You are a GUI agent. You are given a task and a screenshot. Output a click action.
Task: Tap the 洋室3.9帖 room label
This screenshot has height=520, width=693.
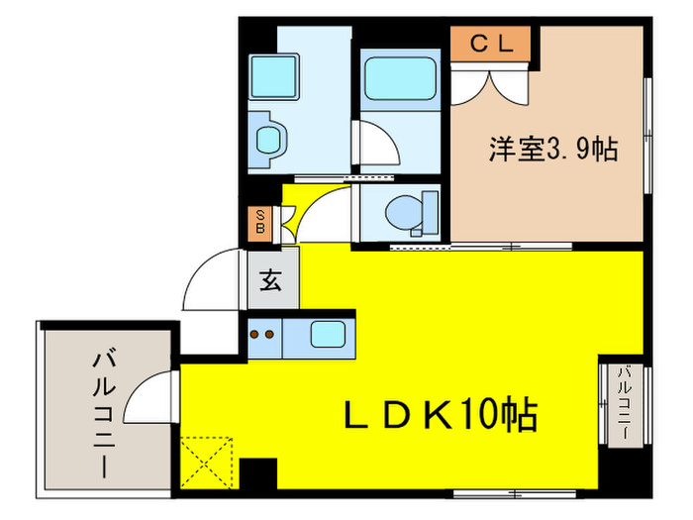click(553, 150)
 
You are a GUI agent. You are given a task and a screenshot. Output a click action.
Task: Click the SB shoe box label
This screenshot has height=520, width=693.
click(259, 224)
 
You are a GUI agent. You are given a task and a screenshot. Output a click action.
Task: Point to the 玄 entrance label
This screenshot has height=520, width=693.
click(270, 280)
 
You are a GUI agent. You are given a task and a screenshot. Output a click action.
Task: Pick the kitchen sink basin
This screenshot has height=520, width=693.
click(327, 334)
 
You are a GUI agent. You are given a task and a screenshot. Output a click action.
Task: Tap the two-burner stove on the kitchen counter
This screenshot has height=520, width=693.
click(262, 335)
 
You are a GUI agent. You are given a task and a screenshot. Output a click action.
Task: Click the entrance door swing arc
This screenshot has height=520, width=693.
click(208, 281)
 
